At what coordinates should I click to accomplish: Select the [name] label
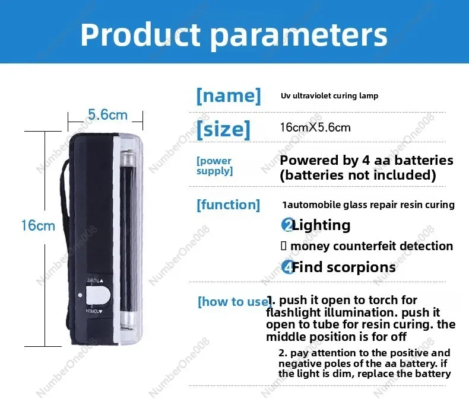[x=228, y=95]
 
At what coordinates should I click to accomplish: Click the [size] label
[x=223, y=128]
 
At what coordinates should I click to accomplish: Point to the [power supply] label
[x=214, y=166]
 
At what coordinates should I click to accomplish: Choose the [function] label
[x=228, y=205]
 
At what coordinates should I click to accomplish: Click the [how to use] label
[x=232, y=302]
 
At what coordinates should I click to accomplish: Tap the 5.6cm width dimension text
[x=107, y=114]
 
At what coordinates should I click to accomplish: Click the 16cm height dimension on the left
[x=37, y=226]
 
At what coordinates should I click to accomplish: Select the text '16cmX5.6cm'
[x=315, y=127]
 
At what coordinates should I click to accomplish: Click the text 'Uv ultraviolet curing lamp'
[x=329, y=95]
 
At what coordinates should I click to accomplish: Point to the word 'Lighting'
[x=321, y=225]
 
